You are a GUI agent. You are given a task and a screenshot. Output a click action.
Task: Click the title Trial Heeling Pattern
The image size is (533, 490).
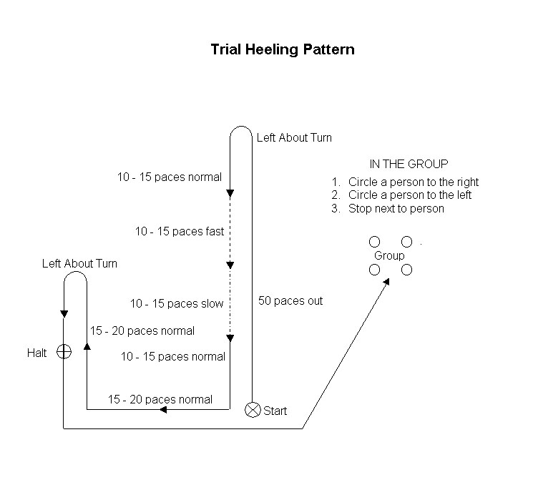tap(283, 50)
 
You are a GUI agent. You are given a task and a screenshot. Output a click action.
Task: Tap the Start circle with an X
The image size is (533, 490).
tap(252, 410)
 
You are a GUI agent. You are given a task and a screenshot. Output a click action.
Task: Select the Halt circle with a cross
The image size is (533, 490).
tap(64, 351)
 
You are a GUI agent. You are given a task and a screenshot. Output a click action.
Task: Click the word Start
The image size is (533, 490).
tap(275, 411)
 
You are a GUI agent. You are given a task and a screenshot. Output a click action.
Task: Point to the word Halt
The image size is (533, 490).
tap(37, 353)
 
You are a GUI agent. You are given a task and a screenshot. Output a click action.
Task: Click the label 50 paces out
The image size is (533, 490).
tap(290, 301)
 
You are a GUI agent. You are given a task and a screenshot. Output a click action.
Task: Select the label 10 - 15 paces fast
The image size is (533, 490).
tap(180, 231)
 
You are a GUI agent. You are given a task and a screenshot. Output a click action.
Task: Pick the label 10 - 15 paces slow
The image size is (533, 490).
tap(177, 303)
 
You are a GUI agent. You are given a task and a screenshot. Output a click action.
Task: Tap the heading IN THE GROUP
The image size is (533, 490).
tap(409, 164)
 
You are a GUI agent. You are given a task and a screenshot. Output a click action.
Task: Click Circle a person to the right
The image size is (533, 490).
tap(413, 182)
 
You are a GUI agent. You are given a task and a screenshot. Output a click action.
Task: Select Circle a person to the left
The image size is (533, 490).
tap(409, 195)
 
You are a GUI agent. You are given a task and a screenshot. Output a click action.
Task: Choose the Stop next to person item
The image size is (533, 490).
tap(396, 209)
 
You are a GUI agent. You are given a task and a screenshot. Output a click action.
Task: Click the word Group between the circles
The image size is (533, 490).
tap(389, 255)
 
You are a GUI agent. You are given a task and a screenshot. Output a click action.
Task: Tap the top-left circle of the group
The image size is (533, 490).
tap(374, 242)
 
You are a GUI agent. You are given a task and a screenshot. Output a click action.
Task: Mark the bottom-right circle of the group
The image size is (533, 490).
tap(406, 270)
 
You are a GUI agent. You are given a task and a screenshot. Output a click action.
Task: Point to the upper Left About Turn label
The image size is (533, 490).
tap(294, 137)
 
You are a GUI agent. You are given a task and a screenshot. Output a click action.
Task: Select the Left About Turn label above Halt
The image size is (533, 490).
tap(79, 263)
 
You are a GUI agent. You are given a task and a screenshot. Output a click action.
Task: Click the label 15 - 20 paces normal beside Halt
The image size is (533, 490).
tap(142, 330)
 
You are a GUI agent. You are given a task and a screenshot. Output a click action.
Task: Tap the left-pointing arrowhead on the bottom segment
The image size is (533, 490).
tap(163, 410)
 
